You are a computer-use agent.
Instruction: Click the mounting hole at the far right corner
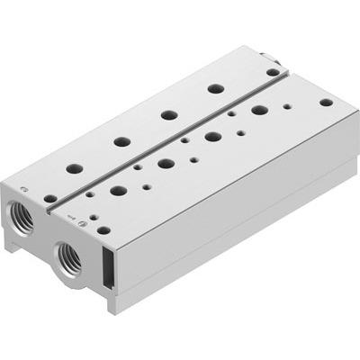click(324, 103)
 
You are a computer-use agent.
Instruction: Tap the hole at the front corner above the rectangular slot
click(104, 230)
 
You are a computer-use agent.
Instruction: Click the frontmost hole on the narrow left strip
click(49, 199)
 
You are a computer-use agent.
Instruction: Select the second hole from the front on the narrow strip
click(73, 169)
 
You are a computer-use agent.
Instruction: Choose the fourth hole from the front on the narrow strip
click(168, 114)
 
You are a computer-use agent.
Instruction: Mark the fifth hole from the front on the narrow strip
click(215, 88)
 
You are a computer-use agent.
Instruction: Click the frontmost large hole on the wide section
click(118, 191)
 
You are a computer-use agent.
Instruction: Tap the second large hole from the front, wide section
click(166, 164)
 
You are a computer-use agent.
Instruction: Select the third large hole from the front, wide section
click(213, 137)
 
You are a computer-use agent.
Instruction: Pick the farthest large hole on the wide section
click(259, 111)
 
